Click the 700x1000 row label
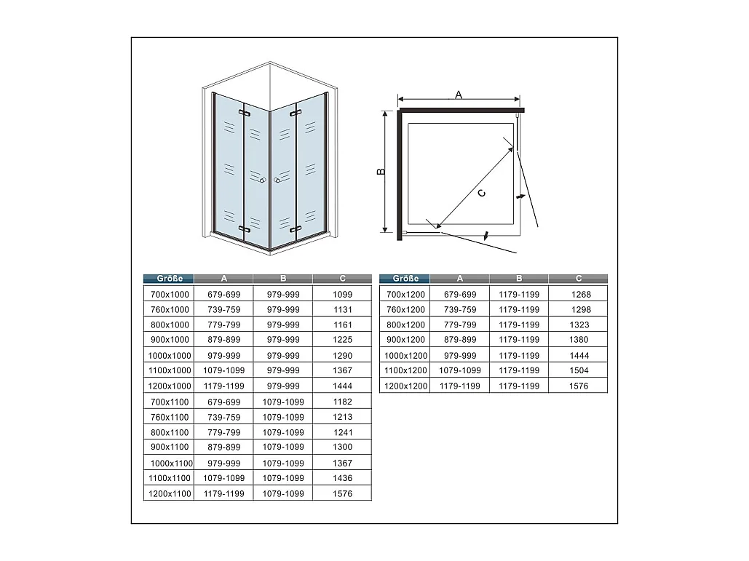[170, 295]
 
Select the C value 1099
[343, 295]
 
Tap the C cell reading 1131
[343, 309]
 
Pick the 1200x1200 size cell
[405, 386]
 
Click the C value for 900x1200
[579, 340]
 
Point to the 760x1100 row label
[170, 417]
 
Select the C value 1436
[343, 478]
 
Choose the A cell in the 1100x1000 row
[223, 370]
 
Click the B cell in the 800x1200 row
[519, 325]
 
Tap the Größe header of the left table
[170, 279]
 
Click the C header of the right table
[579, 279]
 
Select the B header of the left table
[283, 279]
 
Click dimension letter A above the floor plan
[459, 95]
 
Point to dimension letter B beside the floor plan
[381, 172]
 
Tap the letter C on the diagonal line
[482, 193]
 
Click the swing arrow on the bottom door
[486, 235]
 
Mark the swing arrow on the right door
[520, 196]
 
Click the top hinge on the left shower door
[245, 114]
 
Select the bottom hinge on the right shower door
[296, 230]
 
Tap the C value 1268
[581, 295]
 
